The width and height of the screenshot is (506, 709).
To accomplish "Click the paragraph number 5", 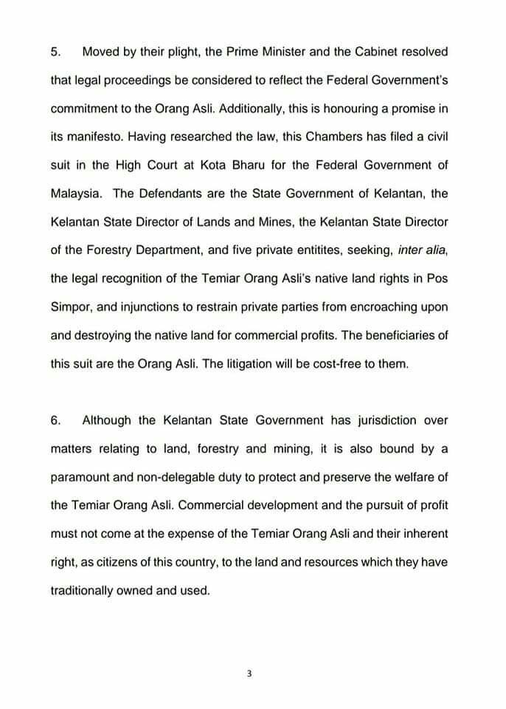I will [56, 52].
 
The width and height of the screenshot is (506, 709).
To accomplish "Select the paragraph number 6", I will [56, 420].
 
